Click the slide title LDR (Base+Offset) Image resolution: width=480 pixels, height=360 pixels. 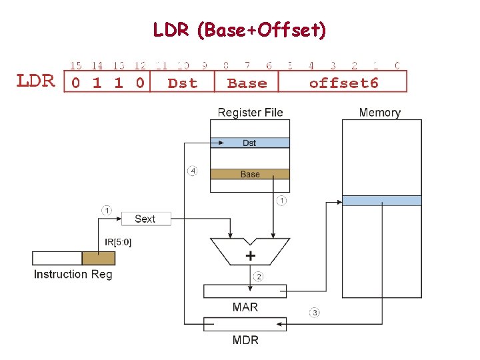pos(239,30)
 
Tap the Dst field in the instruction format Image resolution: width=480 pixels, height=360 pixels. pos(182,83)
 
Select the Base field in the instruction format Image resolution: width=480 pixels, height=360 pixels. pos(247,83)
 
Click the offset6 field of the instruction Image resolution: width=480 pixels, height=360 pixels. pos(343,83)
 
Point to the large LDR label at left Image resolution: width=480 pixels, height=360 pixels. pos(35,81)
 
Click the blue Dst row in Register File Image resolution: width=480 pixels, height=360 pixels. pos(249,143)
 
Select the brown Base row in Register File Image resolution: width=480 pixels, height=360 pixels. pos(249,174)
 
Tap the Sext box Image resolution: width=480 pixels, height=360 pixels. pos(145,219)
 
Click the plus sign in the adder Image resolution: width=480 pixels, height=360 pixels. pos(250,256)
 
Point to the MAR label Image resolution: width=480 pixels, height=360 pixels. pos(245,307)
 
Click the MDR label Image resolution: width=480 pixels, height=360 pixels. pos(245,340)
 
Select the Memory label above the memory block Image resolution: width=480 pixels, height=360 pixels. pos(379,112)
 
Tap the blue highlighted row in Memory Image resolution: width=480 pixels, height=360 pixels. pos(381,201)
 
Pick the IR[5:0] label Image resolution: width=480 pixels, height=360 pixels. pos(118,243)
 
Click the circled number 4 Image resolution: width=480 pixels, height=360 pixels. pos(192,171)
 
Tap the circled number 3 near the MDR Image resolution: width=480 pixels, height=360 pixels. pos(314,312)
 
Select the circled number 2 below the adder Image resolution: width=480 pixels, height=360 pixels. pos(259,276)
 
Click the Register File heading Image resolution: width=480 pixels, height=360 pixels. pos(250,112)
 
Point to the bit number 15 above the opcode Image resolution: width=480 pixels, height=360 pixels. pos(76,65)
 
